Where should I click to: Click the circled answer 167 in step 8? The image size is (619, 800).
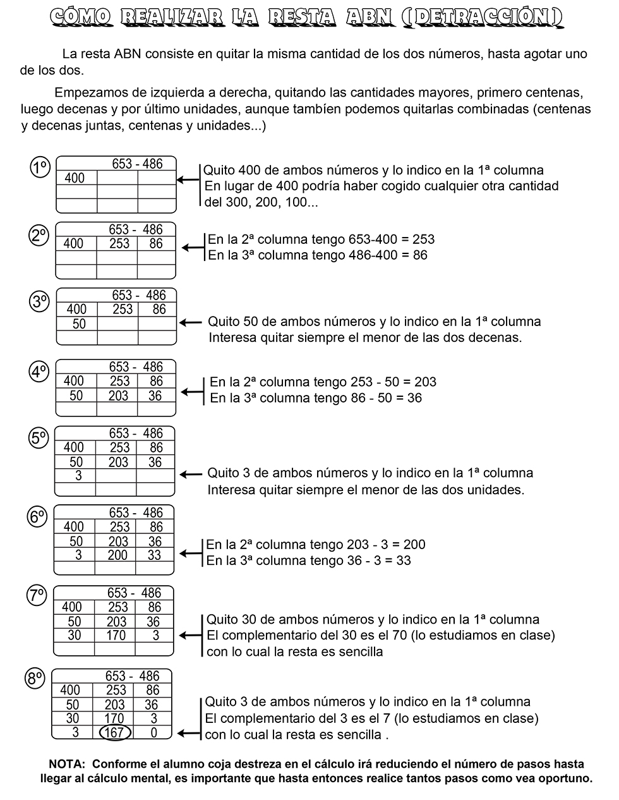tap(116, 733)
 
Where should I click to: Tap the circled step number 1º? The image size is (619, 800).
tap(40, 167)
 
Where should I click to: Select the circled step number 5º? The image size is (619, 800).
tap(39, 437)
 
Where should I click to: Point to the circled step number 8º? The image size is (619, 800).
tap(35, 679)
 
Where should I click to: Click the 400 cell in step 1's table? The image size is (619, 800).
tap(75, 178)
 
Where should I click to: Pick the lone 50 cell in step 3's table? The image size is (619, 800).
tap(79, 324)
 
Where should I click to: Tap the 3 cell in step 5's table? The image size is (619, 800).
tap(78, 476)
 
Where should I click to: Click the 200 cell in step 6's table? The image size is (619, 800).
tap(117, 555)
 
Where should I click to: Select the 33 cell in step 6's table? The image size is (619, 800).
tap(154, 555)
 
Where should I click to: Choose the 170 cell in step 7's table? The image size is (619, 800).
tap(116, 636)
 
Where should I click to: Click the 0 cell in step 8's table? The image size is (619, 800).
tap(153, 733)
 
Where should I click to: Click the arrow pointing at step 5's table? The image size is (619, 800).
tap(191, 474)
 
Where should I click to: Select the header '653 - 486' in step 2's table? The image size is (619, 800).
tap(136, 229)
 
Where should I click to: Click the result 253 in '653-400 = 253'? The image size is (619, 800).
tap(423, 239)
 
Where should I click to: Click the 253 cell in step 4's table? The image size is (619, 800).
tap(119, 381)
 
